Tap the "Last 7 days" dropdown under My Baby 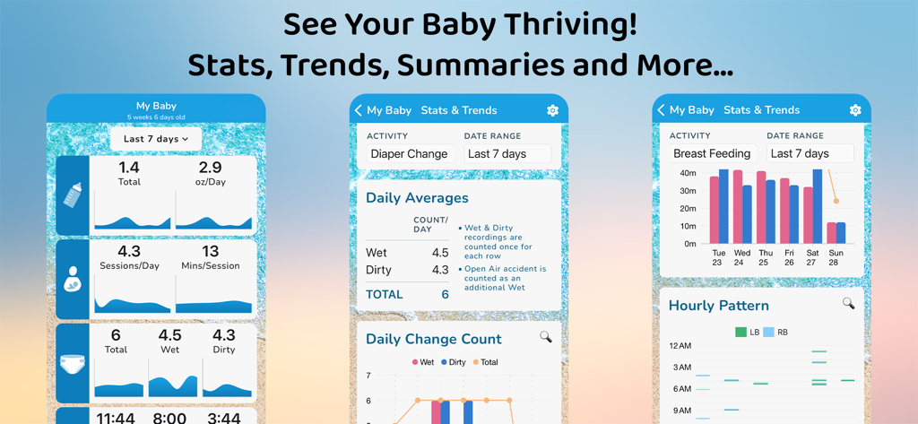[x=156, y=139]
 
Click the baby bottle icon [x=73, y=195]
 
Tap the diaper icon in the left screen [x=73, y=365]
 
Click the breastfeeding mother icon [x=73, y=280]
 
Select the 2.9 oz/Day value [x=210, y=169]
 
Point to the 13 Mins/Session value [x=210, y=252]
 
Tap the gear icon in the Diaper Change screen [x=552, y=110]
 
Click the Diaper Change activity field [x=409, y=154]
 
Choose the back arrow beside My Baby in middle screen [x=359, y=110]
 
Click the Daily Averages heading [x=417, y=198]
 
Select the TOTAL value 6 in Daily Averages [x=445, y=295]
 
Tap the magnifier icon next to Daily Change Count [x=545, y=337]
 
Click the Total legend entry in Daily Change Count [x=484, y=362]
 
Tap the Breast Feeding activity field [x=712, y=154]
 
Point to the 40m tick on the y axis [x=688, y=173]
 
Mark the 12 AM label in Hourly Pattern [x=680, y=346]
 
